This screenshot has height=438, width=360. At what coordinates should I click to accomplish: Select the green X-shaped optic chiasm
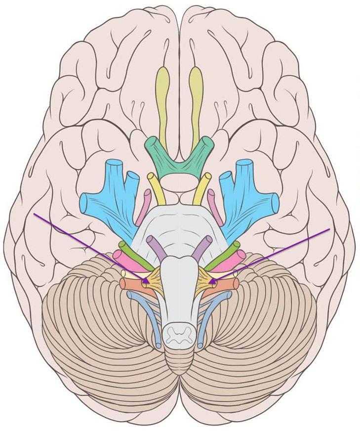click(x=179, y=159)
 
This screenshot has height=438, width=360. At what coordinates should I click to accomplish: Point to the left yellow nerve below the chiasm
click(x=156, y=188)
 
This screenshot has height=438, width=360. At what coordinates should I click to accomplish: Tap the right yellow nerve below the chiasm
click(x=202, y=188)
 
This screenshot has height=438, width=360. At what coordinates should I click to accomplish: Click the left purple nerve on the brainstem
click(x=157, y=248)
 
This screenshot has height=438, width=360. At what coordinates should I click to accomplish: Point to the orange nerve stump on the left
click(x=130, y=284)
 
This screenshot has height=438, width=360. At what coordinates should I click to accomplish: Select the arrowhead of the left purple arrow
click(x=147, y=282)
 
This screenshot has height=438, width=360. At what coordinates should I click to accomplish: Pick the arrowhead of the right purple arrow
click(x=212, y=282)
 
